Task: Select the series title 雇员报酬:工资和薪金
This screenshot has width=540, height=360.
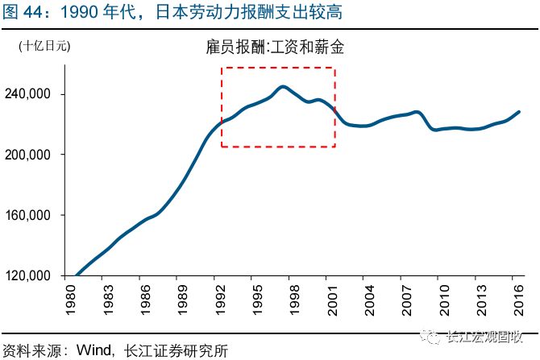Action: (275, 48)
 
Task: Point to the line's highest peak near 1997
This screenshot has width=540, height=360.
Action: (283, 87)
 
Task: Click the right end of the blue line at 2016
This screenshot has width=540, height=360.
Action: (519, 112)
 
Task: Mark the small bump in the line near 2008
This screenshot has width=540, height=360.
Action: (416, 112)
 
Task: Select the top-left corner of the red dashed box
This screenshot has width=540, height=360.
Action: (222, 68)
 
